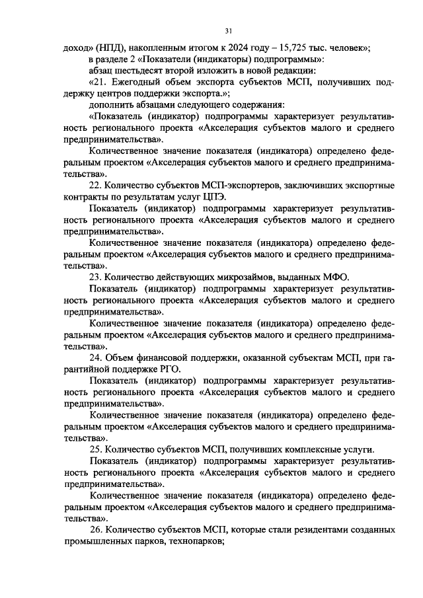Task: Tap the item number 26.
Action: [97, 530]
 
